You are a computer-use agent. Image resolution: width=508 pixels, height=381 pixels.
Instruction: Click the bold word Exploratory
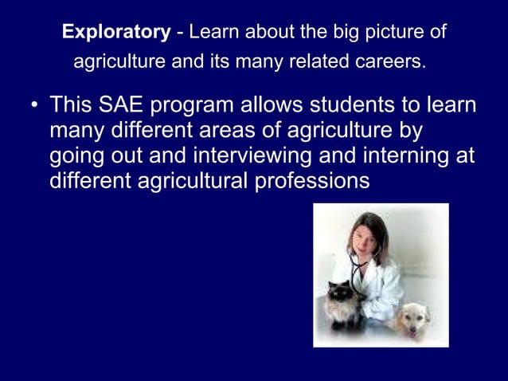pyautogui.click(x=116, y=33)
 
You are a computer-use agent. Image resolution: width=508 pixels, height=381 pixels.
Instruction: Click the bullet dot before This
pyautogui.click(x=32, y=106)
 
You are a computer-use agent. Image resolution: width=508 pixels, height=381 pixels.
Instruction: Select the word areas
pyautogui.click(x=258, y=130)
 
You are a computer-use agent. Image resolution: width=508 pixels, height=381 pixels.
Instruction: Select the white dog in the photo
pyautogui.click(x=412, y=319)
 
